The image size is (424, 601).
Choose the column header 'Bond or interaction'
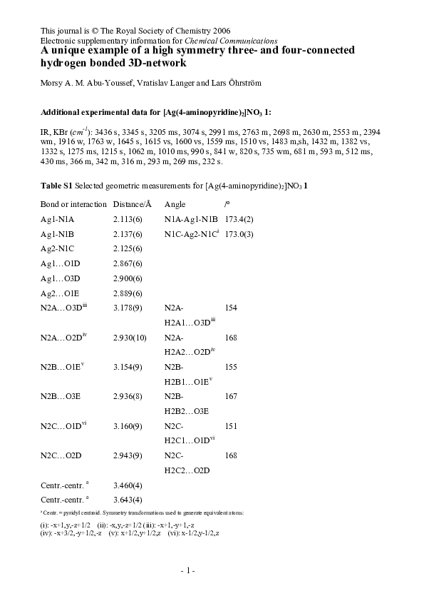coord(74,204)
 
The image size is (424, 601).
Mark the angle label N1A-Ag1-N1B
coord(190,220)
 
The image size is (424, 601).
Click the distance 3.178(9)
coord(128,307)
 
